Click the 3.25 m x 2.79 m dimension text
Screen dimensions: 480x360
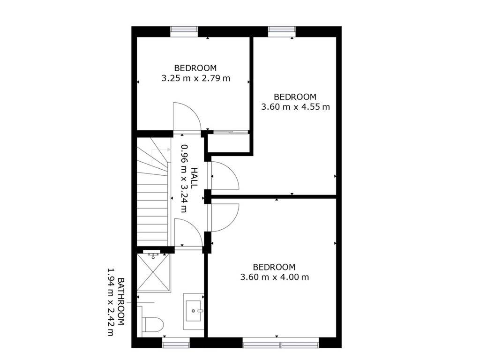[x=195, y=78]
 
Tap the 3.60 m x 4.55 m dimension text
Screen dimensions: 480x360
[x=295, y=107]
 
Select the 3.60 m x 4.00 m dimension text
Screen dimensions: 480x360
[x=275, y=277]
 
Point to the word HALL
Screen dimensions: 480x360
[x=194, y=178]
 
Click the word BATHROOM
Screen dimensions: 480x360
[x=121, y=301]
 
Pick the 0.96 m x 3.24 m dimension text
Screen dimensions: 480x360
[x=184, y=178]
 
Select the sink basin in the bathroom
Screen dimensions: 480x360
[x=194, y=311]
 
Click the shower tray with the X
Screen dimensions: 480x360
[x=153, y=272]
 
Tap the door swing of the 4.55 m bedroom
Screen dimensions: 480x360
[x=225, y=175]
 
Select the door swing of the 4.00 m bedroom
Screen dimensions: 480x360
[x=225, y=217]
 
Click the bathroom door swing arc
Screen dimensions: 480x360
[x=188, y=232]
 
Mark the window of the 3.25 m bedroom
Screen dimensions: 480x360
[x=184, y=30]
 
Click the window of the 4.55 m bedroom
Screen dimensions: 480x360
[x=282, y=30]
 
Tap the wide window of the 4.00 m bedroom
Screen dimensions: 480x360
[x=281, y=343]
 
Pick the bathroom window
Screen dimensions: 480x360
[x=176, y=343]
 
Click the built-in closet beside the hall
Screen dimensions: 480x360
[x=230, y=142]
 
